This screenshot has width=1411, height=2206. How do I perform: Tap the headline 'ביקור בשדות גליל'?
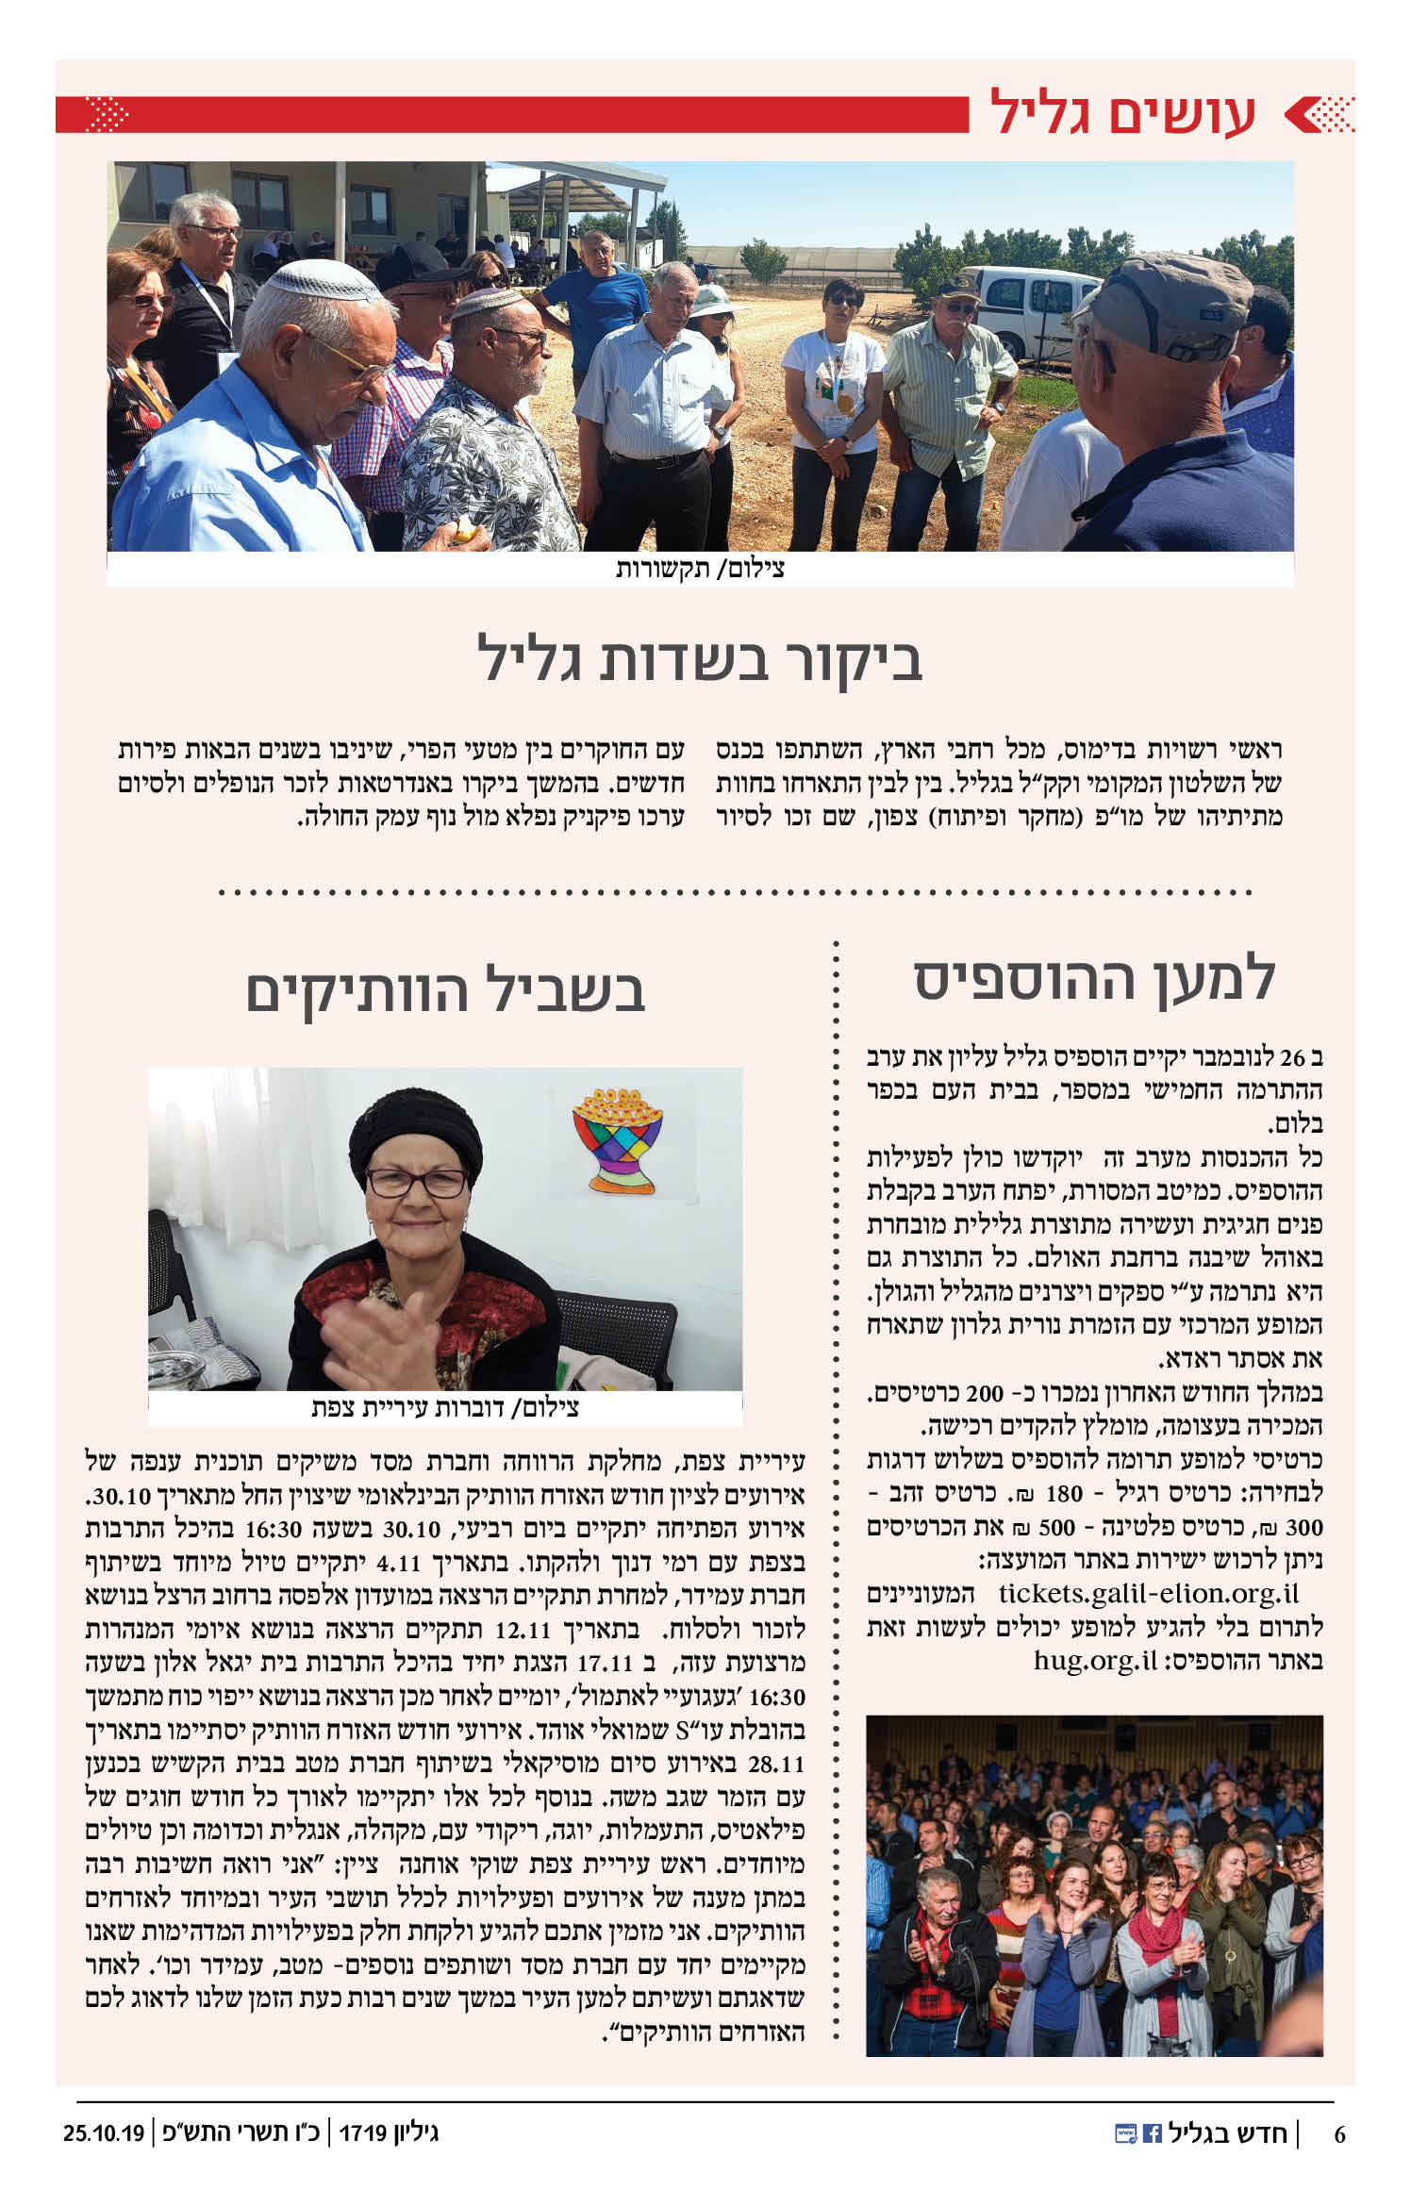coord(700,659)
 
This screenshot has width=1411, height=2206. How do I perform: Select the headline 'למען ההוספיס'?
coord(1094,980)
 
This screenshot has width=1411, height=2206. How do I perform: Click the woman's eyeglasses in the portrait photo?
coord(416,1182)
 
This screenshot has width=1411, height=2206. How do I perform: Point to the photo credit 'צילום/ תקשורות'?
coord(700,570)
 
